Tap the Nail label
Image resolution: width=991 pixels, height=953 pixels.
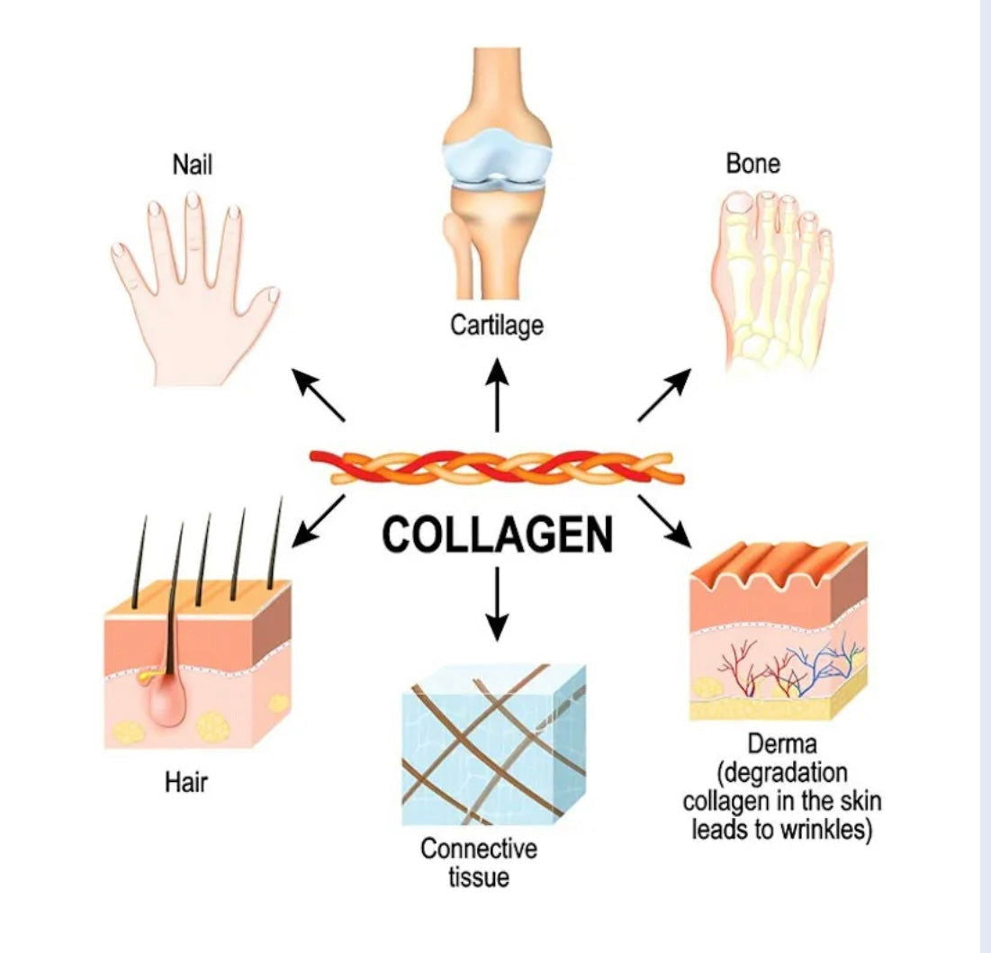coord(192,165)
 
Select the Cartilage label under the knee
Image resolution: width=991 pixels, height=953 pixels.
coord(497,324)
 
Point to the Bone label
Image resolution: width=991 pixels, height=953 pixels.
coord(753,164)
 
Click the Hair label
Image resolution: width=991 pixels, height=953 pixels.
coord(186,782)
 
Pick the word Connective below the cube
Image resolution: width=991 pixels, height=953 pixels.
coord(478,848)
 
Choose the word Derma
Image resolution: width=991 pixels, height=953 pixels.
coord(780,745)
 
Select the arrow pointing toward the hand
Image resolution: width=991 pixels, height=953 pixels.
coord(321,397)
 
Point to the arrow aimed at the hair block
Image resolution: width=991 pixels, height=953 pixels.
coord(317,522)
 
